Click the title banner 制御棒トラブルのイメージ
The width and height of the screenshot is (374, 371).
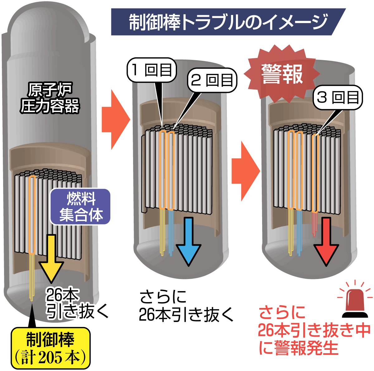point(228,22)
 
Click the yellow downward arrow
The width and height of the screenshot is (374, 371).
point(51,259)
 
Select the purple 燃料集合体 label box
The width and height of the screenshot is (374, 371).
point(80,207)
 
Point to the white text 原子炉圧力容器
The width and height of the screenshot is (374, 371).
point(50,98)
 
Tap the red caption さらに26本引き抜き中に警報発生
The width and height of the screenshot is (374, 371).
point(313,330)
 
